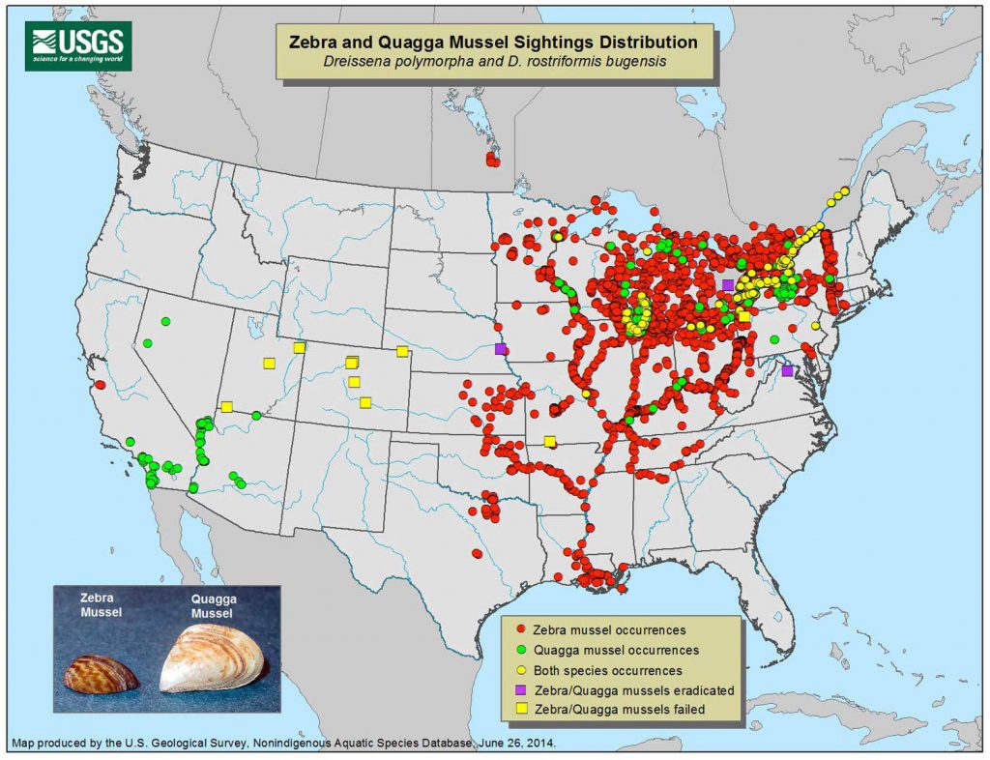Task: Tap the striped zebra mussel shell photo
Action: coord(101,674)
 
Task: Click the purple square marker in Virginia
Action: coord(787,371)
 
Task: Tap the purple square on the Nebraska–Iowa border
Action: coord(500,348)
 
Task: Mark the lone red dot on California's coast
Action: coord(100,385)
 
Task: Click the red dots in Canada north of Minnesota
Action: coord(492,160)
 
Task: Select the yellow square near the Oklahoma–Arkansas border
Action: coord(549,442)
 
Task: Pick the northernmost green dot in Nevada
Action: coord(165,321)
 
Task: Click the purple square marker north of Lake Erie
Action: coord(727,284)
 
